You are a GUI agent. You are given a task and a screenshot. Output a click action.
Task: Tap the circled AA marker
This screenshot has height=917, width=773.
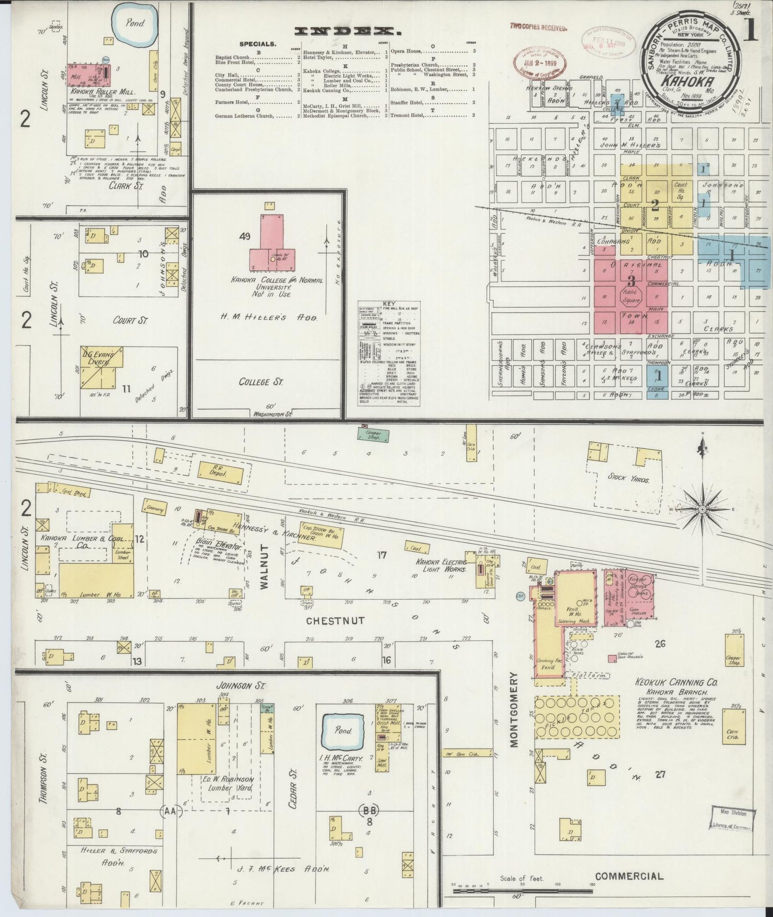pyautogui.click(x=171, y=812)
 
